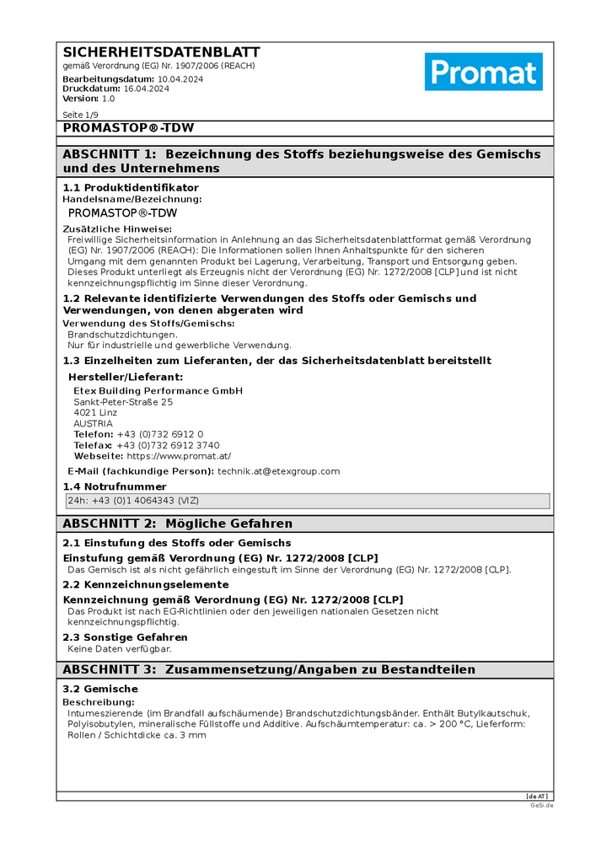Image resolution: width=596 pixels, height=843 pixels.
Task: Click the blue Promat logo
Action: tap(483, 72)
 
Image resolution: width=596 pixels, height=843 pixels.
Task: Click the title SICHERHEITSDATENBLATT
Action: tap(161, 52)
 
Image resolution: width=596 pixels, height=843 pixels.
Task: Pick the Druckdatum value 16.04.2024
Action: tap(147, 89)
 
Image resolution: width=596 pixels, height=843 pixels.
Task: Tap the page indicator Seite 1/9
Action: tap(81, 115)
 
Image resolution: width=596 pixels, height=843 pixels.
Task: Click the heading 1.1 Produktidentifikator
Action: tap(131, 187)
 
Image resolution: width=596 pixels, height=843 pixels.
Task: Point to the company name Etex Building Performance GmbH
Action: tap(158, 391)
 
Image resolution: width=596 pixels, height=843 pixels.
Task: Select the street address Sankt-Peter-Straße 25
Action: tap(123, 402)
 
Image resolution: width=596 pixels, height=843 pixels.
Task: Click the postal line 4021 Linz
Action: tap(96, 413)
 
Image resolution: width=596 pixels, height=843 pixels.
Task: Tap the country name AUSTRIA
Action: tap(93, 423)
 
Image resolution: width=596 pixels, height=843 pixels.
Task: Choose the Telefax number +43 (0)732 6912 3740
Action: tap(168, 445)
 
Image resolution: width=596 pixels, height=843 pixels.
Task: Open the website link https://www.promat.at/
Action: tap(179, 456)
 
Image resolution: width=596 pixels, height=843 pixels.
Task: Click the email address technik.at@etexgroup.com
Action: tap(278, 471)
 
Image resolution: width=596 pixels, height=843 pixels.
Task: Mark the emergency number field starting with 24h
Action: tap(307, 501)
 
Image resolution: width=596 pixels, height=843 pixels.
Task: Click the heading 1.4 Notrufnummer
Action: tap(115, 486)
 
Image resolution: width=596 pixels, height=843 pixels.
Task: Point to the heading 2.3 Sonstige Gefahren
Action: tap(126, 637)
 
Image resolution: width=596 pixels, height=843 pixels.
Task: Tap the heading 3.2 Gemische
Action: tap(100, 690)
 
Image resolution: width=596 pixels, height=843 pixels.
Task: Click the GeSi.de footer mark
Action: tap(543, 805)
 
